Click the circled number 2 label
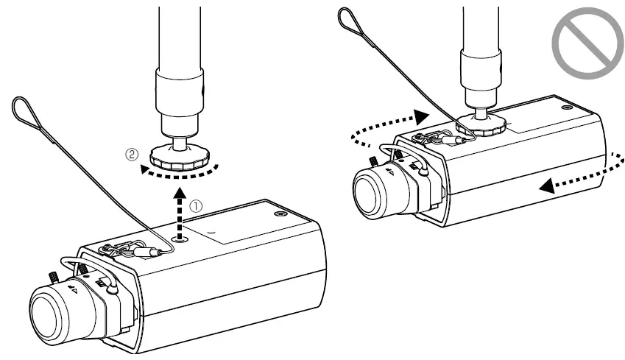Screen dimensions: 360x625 point(130,156)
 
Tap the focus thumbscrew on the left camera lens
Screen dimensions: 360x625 point(54,278)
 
